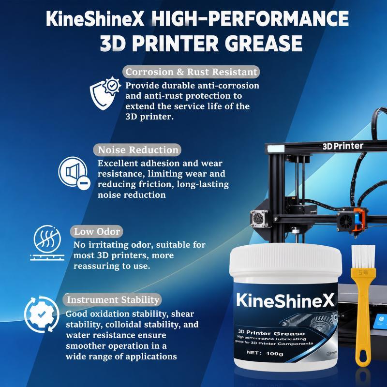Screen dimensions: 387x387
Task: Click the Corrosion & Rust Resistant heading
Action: pyautogui.click(x=191, y=72)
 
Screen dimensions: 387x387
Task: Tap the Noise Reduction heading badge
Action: pyautogui.click(x=137, y=150)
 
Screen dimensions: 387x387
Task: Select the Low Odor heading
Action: pyautogui.click(x=97, y=232)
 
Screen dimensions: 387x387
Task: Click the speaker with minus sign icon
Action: pyautogui.click(x=74, y=173)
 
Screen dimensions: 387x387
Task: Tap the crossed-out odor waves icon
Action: pyautogui.click(x=47, y=243)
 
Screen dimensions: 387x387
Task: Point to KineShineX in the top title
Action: pyautogui.click(x=95, y=19)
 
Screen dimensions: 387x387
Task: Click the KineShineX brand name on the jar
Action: pyautogui.click(x=285, y=300)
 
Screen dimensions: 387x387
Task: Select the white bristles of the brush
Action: pyautogui.click(x=363, y=257)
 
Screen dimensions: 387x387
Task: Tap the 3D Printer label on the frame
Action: pyautogui.click(x=343, y=146)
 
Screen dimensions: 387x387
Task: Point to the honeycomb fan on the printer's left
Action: pyautogui.click(x=259, y=219)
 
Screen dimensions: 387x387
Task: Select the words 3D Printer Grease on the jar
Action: pyautogui.click(x=271, y=333)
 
